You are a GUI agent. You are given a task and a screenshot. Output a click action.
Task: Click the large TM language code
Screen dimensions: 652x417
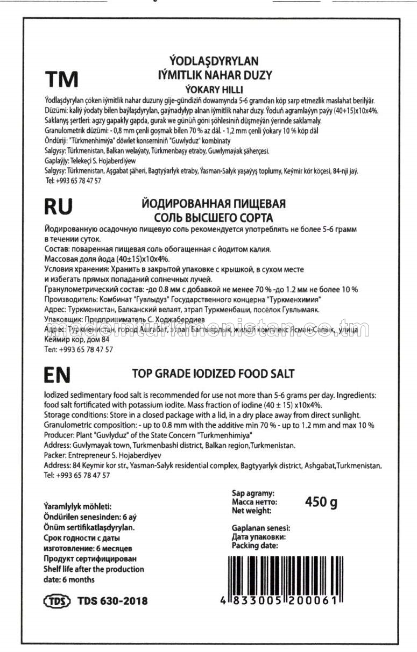tap(61, 79)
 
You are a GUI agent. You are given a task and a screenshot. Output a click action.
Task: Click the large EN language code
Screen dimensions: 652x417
tap(56, 375)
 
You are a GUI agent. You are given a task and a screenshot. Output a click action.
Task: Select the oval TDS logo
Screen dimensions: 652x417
tap(56, 601)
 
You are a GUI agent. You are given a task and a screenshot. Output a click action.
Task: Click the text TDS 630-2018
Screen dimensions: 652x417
tap(112, 601)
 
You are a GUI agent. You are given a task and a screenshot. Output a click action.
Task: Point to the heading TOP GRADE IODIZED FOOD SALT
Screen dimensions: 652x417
tap(213, 373)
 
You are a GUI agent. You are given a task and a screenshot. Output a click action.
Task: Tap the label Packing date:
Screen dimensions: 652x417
tap(255, 545)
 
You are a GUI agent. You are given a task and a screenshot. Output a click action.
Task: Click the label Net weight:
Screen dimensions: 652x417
tap(251, 511)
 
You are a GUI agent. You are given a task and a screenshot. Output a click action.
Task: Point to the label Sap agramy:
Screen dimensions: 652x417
tap(253, 492)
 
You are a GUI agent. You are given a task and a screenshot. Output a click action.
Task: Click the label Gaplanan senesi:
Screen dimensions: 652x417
tap(260, 527)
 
